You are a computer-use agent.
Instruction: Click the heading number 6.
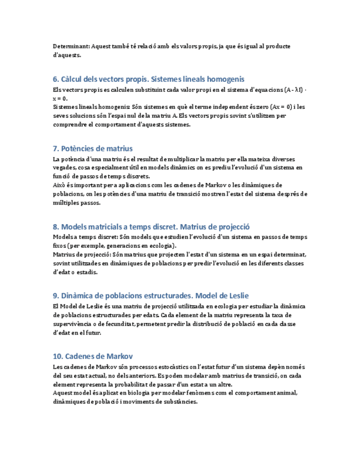click(x=56, y=79)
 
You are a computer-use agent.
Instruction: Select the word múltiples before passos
click(x=67, y=202)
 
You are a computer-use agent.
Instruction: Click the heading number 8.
click(x=56, y=227)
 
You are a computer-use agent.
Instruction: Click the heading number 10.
click(x=58, y=357)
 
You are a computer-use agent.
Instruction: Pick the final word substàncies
click(x=176, y=402)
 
